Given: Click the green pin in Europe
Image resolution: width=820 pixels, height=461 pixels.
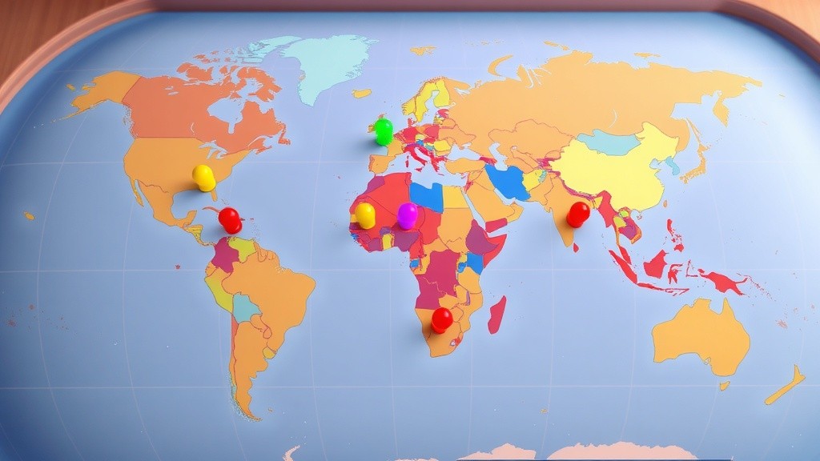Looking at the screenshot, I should tap(384, 130).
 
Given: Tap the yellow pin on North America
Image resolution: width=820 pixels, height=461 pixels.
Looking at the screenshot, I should tap(204, 177).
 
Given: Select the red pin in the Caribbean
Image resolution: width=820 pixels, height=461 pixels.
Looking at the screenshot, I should tap(230, 219).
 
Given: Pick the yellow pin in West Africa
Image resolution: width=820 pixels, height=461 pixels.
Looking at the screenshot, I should tap(365, 214).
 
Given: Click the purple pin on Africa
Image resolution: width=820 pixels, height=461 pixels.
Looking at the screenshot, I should tap(408, 214).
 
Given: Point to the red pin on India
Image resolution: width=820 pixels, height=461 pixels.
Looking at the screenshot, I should tap(578, 214).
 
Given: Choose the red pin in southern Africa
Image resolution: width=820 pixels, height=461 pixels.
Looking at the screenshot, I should tap(441, 319).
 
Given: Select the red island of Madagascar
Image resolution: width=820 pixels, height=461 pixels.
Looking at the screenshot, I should tap(496, 315).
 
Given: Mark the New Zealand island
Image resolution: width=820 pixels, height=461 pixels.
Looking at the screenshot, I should tap(785, 386).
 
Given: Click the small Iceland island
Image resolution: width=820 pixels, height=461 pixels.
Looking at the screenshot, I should tap(362, 94).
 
